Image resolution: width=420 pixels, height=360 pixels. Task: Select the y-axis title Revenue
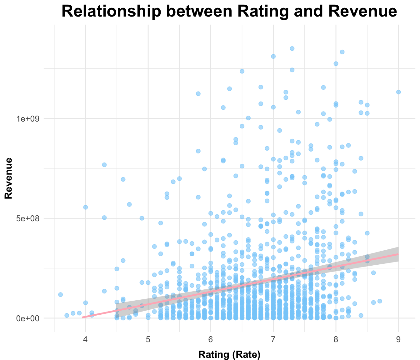click(8, 178)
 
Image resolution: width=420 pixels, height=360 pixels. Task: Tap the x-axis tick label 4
click(86, 339)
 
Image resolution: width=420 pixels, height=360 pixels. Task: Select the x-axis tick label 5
click(148, 339)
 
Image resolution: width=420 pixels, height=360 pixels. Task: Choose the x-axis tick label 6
click(211, 339)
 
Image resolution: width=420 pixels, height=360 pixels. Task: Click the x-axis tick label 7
click(273, 339)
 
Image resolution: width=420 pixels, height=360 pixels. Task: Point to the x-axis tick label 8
click(336, 339)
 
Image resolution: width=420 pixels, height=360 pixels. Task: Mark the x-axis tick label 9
click(398, 339)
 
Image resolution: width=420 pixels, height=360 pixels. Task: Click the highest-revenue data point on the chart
click(292, 48)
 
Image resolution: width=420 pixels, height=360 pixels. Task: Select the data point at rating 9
click(398, 92)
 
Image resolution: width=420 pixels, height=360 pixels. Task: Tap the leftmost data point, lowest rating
click(61, 294)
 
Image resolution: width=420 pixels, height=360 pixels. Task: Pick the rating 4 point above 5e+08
click(86, 207)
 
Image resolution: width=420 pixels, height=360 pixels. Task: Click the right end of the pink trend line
click(398, 254)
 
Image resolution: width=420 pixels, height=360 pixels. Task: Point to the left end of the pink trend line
click(82, 317)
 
